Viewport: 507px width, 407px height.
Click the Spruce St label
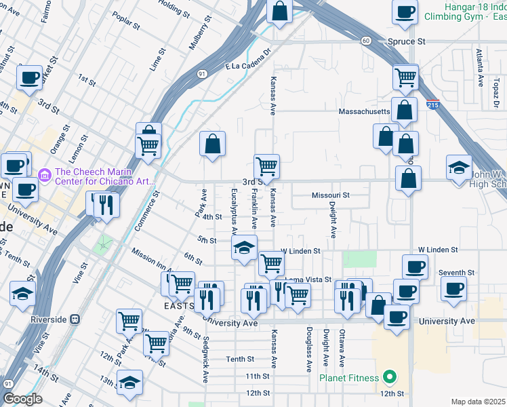406,41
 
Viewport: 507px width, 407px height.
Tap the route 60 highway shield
365,41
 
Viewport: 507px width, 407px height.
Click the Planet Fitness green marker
389,376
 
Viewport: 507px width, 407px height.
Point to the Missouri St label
330,195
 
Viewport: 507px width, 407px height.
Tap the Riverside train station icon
75,318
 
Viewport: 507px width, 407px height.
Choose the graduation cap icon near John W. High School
459,166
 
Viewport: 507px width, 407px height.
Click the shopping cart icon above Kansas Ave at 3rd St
266,166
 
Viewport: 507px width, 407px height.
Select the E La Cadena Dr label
248,60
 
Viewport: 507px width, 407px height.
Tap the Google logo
22,399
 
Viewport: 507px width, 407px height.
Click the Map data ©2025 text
478,402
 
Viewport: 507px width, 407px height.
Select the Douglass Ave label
309,350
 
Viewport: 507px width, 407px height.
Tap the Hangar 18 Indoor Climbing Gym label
466,10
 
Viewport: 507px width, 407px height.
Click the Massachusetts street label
365,111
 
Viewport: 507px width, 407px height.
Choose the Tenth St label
240,359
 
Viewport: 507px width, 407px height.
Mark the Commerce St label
146,211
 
